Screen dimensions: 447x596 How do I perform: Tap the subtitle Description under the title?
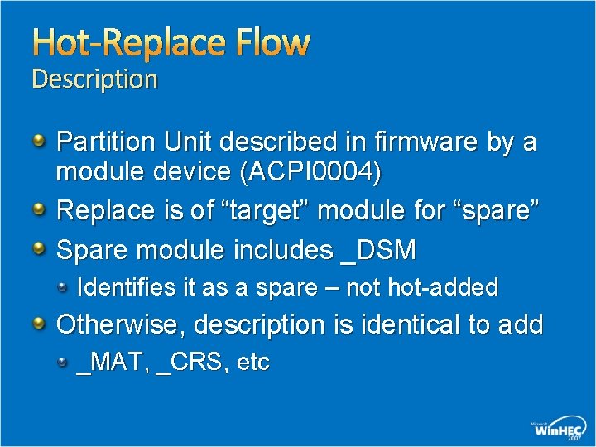(x=94, y=79)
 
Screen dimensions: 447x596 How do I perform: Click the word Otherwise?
(x=120, y=324)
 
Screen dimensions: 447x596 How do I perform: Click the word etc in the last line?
(x=252, y=363)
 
